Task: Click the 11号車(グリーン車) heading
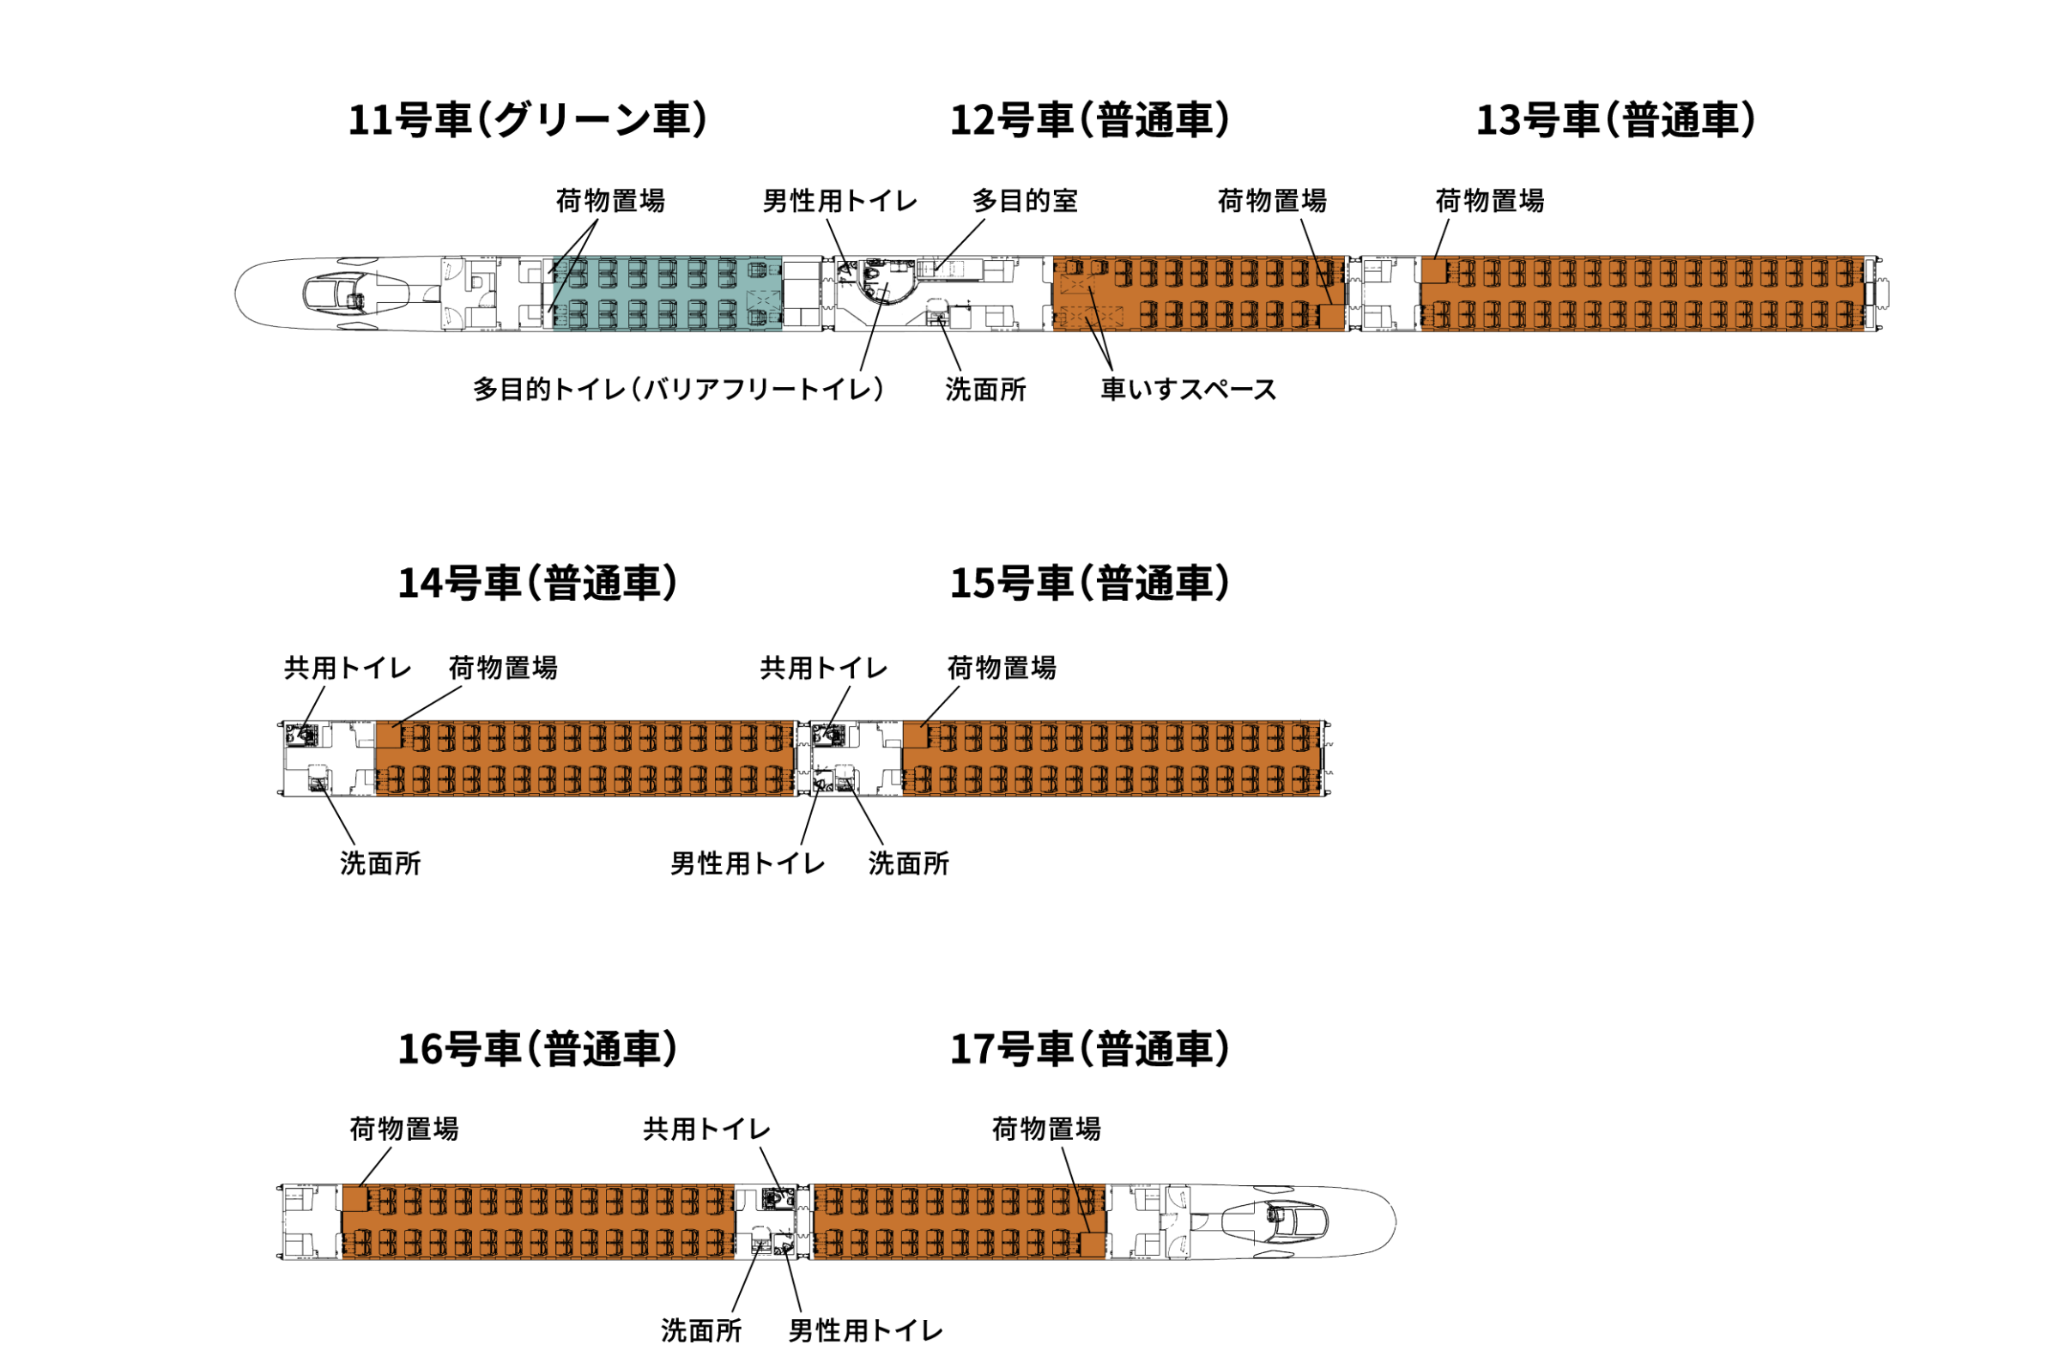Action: [527, 120]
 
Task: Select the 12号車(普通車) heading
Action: [1089, 120]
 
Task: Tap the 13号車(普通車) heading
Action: [1616, 120]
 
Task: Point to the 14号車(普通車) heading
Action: [538, 584]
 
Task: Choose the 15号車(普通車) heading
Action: [1089, 584]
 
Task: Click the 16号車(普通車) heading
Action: [538, 1050]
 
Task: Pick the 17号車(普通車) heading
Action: [1089, 1050]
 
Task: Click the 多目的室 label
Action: [1025, 202]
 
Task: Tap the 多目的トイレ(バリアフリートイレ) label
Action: [678, 390]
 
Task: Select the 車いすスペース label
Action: [1188, 390]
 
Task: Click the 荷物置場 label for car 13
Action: [1489, 202]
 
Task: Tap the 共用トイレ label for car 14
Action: [347, 669]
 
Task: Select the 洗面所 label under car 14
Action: [380, 864]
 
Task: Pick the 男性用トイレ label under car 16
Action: [865, 1331]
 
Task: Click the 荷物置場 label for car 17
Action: [1045, 1130]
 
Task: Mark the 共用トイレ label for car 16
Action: [706, 1130]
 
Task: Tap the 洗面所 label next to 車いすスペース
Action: [985, 390]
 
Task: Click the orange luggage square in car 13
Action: [1433, 271]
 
